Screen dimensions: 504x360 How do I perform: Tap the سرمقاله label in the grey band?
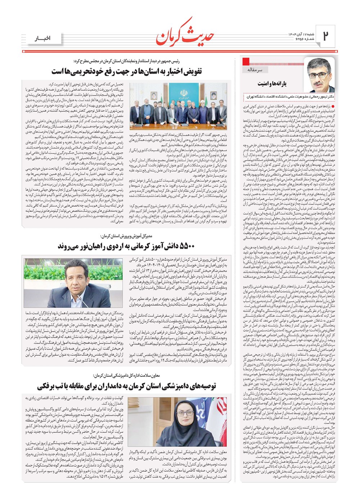[x=255, y=69]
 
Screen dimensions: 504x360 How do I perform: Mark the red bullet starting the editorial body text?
[x=333, y=107]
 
